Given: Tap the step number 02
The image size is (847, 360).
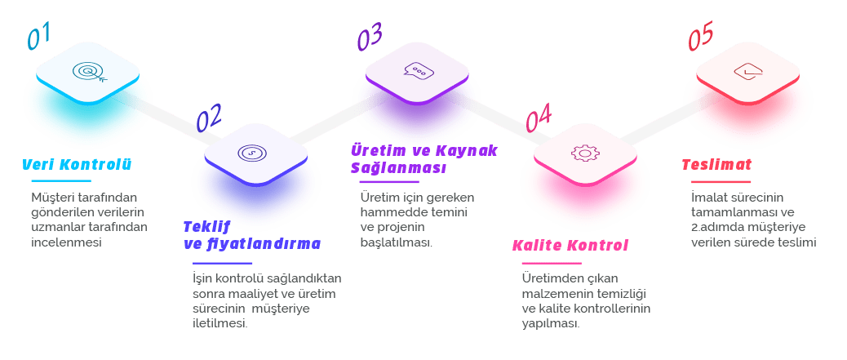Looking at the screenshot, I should click(x=209, y=119).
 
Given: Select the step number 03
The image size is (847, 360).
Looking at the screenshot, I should click(x=370, y=38).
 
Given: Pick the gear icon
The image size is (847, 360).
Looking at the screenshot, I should click(x=583, y=153).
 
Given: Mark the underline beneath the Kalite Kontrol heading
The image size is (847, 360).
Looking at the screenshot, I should click(x=552, y=264).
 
